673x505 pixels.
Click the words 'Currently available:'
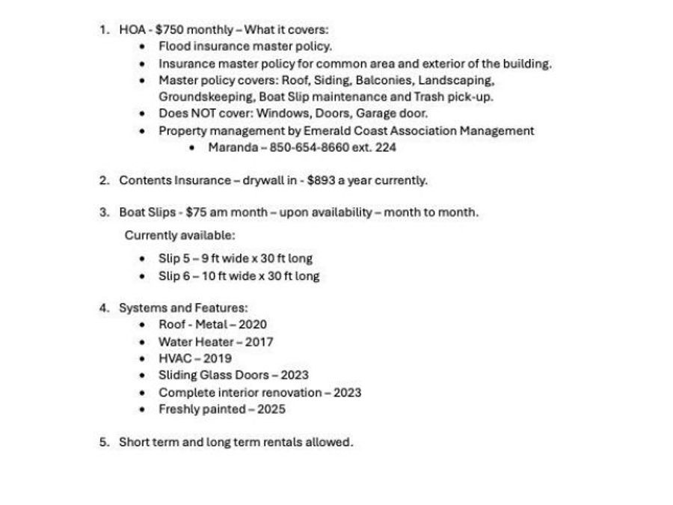[x=179, y=236]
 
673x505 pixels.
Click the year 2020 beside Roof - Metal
[x=253, y=325]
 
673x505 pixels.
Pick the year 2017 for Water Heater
[x=259, y=342]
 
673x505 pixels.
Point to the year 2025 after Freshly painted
[x=271, y=409]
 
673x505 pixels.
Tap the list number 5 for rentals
[x=104, y=442]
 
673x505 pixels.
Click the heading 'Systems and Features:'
[x=183, y=307]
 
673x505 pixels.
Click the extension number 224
[x=386, y=147]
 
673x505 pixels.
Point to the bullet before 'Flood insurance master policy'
[x=143, y=46]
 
